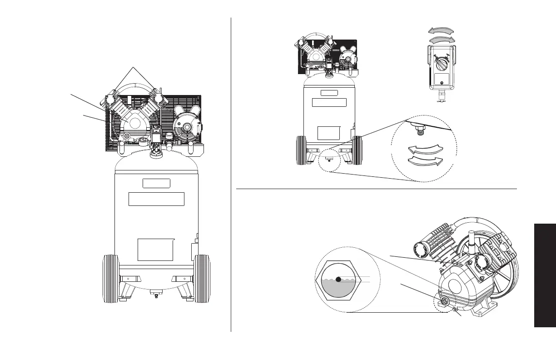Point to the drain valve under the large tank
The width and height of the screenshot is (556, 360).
pyautogui.click(x=156, y=295)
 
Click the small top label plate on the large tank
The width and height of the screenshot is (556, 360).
pyautogui.click(x=156, y=184)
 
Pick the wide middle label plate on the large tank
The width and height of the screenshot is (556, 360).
pyautogui.click(x=156, y=199)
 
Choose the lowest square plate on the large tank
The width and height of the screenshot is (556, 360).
pyautogui.click(x=155, y=250)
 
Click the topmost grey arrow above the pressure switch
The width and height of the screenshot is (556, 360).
pyautogui.click(x=441, y=30)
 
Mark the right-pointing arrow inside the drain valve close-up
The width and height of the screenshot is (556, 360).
pyautogui.click(x=426, y=160)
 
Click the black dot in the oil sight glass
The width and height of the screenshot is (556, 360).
pyautogui.click(x=338, y=280)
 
